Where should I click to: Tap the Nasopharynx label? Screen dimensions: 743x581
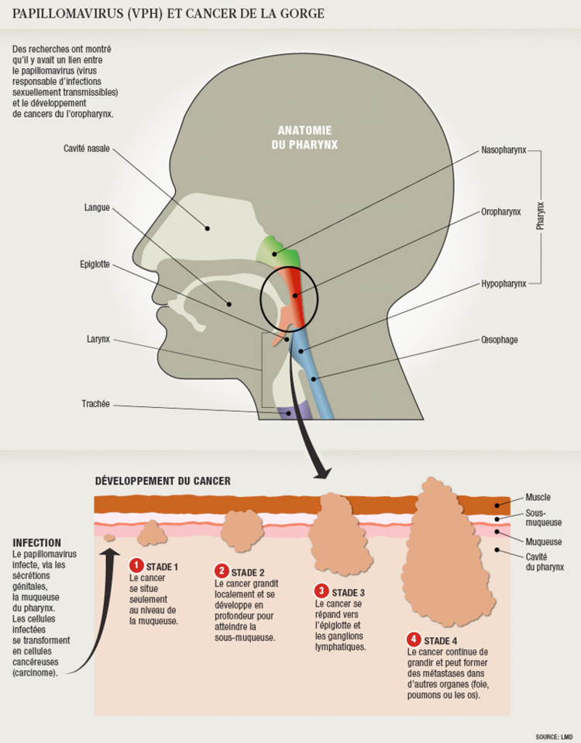coord(504,149)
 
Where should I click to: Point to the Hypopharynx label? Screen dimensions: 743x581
coord(504,284)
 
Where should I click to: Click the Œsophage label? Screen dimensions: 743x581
coord(499,340)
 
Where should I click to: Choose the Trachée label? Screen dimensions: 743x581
coord(95,403)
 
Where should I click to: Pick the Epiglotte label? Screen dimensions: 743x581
coord(96,265)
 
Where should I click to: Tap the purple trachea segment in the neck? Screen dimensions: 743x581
coord(292,413)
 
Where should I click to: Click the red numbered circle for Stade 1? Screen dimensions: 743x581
coord(136,566)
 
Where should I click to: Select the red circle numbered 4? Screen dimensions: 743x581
coord(414,639)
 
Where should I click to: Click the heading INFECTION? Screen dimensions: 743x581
coord(37,543)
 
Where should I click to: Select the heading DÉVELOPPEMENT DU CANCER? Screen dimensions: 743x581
coord(163,481)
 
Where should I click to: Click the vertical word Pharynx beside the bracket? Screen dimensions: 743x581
coord(541,216)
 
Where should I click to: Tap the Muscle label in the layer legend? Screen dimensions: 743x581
coord(538,498)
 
